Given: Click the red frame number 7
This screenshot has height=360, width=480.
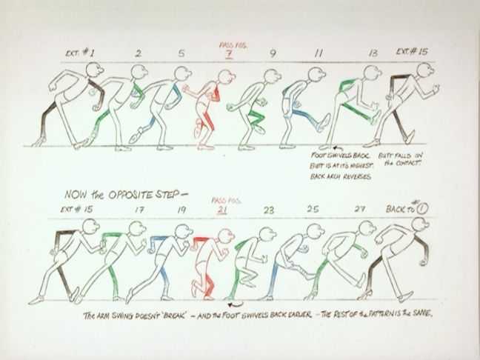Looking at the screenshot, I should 229,54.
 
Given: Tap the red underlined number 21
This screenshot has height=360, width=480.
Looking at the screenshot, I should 221,210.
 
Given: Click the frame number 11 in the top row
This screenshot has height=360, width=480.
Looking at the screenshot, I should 319,53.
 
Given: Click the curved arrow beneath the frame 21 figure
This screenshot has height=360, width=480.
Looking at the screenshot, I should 236,303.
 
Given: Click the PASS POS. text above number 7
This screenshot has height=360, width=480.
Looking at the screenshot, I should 231,44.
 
